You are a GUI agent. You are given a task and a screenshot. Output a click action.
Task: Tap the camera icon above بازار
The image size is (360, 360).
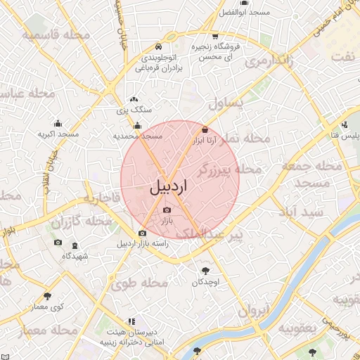[x=167, y=210]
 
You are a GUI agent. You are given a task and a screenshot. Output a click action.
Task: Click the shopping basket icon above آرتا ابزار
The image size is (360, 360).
[x=205, y=130]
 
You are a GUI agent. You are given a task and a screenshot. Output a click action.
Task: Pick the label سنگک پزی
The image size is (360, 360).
[x=134, y=110]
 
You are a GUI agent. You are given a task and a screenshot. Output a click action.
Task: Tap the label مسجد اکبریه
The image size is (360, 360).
[x=58, y=134]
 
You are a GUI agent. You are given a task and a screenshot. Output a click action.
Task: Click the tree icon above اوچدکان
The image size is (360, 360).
[x=205, y=271]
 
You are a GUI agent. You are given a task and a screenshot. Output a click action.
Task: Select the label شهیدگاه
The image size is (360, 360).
[x=75, y=256]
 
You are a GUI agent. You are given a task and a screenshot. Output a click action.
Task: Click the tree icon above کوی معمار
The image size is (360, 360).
[x=47, y=297]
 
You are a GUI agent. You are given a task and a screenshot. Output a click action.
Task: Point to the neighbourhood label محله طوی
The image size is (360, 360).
[x=139, y=283]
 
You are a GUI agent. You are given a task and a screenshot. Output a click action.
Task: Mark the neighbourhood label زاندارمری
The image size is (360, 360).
[x=268, y=63]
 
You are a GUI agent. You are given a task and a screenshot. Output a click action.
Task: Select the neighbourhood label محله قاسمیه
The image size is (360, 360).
[x=56, y=34]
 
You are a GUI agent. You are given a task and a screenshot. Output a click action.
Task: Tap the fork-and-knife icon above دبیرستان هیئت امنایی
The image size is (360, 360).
[x=131, y=321]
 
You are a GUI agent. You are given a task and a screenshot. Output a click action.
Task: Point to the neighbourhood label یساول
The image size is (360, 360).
[x=226, y=103]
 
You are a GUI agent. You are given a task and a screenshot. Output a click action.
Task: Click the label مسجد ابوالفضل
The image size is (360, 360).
[x=245, y=13]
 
